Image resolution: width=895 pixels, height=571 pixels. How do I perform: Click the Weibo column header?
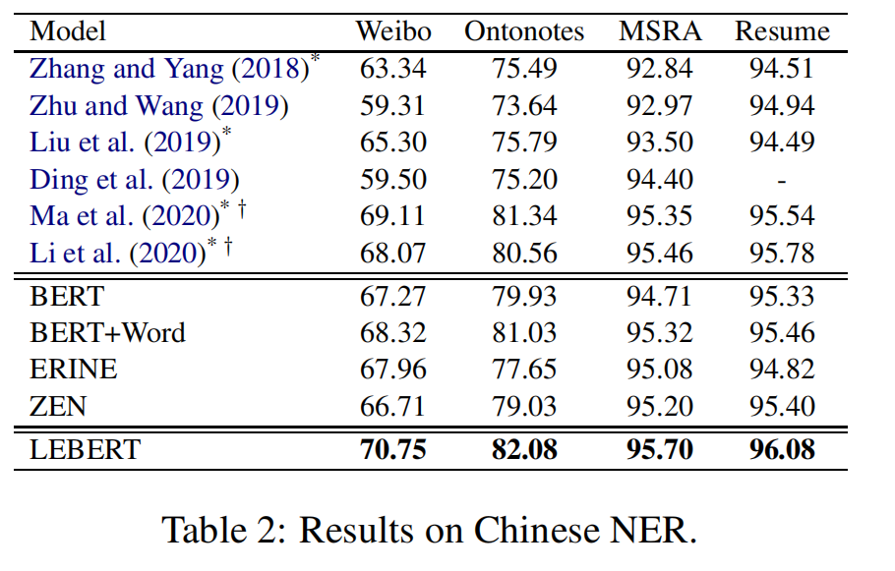[x=393, y=31]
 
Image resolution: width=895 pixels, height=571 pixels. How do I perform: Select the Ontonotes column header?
[x=524, y=31]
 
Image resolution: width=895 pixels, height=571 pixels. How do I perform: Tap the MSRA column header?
[x=660, y=31]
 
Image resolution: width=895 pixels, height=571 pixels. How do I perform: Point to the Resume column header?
[x=782, y=31]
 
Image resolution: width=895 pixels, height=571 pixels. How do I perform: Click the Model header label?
[x=67, y=31]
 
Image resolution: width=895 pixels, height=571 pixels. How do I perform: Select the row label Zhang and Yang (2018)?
[x=169, y=69]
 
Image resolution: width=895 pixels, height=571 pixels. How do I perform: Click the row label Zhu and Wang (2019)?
[x=159, y=105]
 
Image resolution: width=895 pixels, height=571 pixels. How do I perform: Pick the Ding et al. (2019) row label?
[x=135, y=179]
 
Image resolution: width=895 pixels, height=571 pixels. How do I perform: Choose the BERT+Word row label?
[x=107, y=332]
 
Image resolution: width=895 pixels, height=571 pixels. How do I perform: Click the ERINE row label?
[x=74, y=369]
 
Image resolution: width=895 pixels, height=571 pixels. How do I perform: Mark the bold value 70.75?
[x=393, y=450]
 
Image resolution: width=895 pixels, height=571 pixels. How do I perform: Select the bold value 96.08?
[x=782, y=450]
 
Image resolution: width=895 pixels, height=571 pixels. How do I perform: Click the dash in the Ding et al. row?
[x=782, y=180]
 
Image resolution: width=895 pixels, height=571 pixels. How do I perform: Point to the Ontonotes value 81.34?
[x=524, y=216]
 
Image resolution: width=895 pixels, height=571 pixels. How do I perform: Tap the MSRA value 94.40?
[x=660, y=179]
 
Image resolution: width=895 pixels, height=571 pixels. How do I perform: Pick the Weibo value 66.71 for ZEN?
[x=393, y=406]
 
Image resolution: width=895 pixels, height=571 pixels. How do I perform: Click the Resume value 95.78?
[x=782, y=253]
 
